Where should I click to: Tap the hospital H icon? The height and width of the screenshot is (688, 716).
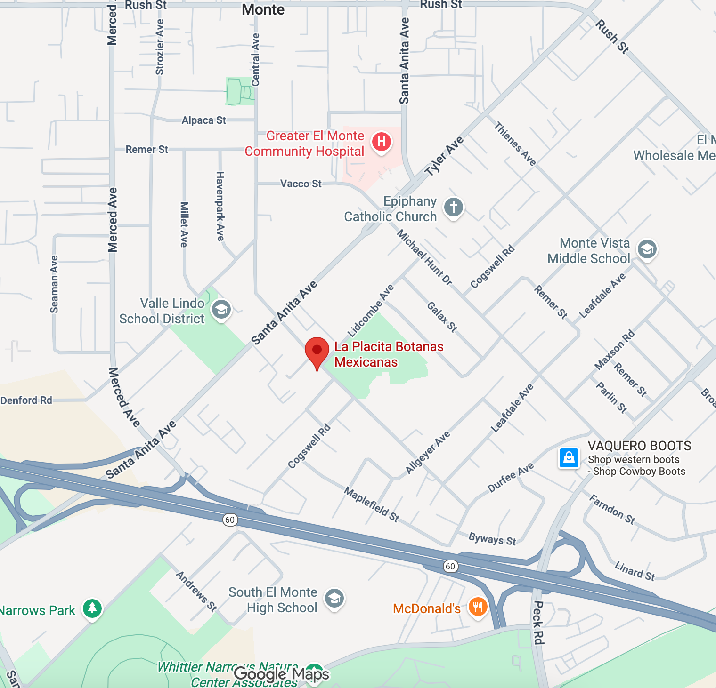pos(382,142)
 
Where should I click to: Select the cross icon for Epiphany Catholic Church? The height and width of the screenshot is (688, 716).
pos(454,207)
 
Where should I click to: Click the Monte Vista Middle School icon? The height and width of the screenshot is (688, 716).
pos(647,249)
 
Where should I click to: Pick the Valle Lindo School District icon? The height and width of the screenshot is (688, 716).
pos(221,310)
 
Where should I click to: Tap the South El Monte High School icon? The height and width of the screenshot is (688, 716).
pos(334,599)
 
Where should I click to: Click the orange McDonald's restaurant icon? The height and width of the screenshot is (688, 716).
pos(478,607)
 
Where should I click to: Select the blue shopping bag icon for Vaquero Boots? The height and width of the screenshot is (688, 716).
pos(569,458)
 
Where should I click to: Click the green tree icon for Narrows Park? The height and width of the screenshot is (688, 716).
pos(92,608)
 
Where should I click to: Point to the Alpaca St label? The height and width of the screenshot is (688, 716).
pos(204,120)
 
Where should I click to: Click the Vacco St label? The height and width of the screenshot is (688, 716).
pos(301,184)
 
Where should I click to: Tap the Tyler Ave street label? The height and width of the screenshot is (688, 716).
pos(444,157)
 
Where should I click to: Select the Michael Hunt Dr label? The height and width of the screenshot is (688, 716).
pos(424,257)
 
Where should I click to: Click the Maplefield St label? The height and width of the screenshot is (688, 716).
pos(372,504)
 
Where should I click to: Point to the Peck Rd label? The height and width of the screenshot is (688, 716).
pos(538,622)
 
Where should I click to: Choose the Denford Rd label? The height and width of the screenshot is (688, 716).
pos(26,400)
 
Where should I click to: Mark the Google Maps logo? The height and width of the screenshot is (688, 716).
pos(282,674)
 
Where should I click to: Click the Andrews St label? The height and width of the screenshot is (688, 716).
pos(196,591)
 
